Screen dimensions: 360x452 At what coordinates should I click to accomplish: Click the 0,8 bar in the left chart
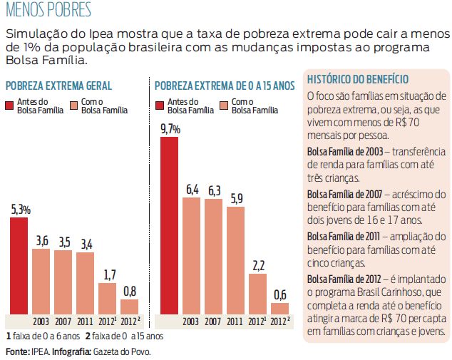point(129,307)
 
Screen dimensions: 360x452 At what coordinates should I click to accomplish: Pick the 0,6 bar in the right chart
point(280,308)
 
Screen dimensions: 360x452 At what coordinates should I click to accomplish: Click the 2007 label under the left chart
point(63,322)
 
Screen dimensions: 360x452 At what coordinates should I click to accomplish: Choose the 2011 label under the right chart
point(235,322)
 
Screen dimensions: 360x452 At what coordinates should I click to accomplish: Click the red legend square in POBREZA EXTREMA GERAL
point(11,106)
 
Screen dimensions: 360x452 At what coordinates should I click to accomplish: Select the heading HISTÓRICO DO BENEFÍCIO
point(358,78)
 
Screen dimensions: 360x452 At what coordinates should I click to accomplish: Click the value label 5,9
point(236,198)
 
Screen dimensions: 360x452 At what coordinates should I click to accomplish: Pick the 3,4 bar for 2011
point(85,283)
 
